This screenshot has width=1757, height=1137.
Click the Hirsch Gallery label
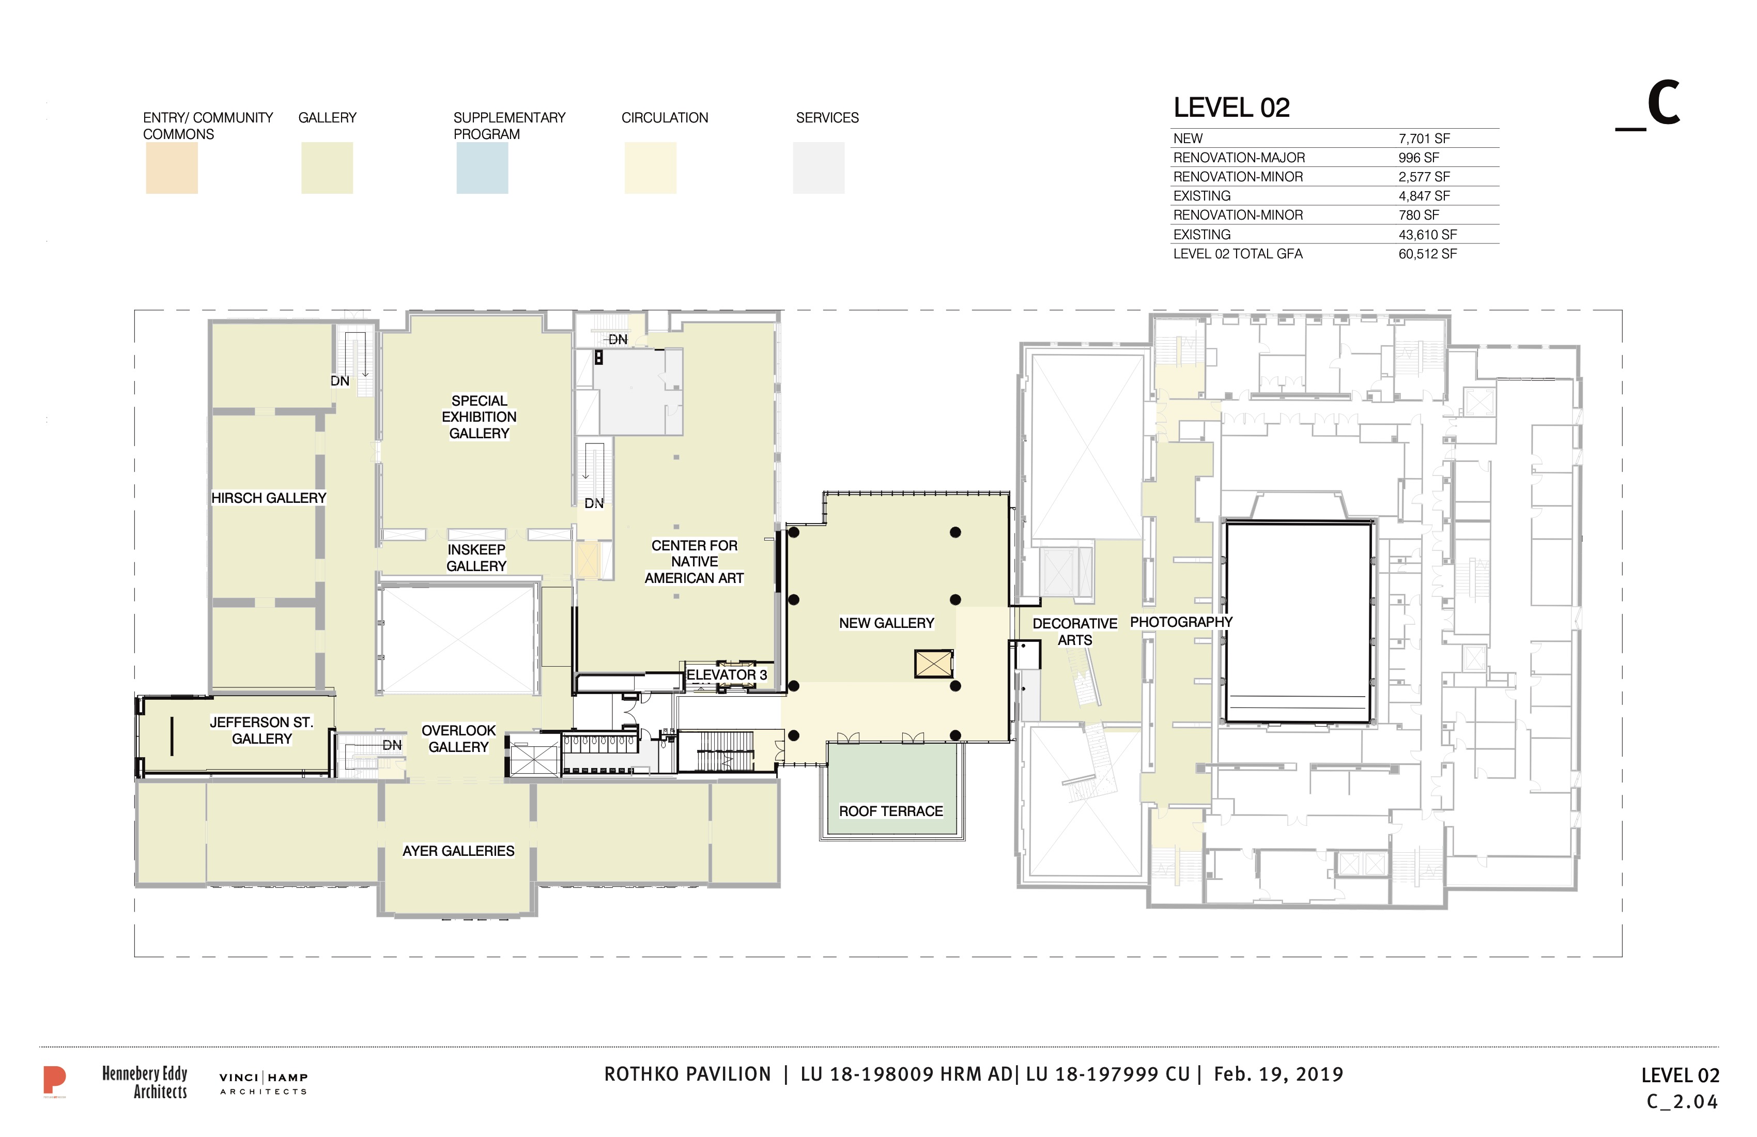269,498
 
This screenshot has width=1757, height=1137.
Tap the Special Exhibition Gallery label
479,417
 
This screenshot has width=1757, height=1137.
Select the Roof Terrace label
891,811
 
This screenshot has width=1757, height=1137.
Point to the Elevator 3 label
727,675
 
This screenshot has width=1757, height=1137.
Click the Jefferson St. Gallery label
262,731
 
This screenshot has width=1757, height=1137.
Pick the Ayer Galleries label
458,851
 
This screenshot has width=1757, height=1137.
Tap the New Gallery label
887,623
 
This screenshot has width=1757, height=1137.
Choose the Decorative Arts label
1075,632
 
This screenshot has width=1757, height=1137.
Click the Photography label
1181,622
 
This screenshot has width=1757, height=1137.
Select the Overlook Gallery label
458,739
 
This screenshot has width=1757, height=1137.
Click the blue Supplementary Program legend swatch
482,168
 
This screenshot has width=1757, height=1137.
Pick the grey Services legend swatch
819,168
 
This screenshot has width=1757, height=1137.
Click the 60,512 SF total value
1428,254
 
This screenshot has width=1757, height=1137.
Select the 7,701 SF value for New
1424,139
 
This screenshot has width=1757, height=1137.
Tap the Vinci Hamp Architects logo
264,1084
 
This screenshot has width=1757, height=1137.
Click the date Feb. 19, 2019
1278,1074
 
